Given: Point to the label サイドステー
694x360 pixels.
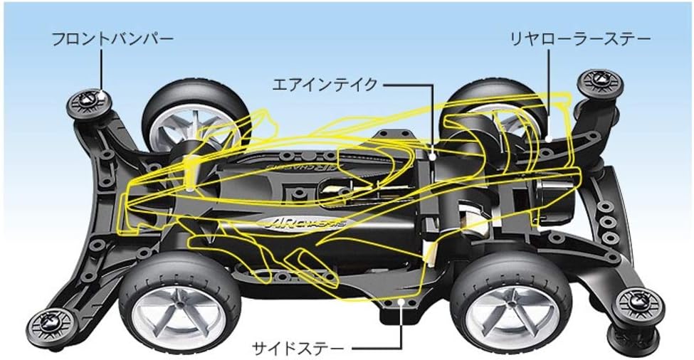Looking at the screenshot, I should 298,348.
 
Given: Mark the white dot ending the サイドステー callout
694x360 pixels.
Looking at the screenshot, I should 402,304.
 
